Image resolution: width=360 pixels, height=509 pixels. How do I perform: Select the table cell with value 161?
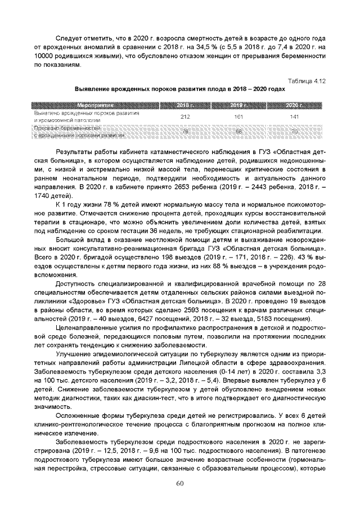tap(240, 116)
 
